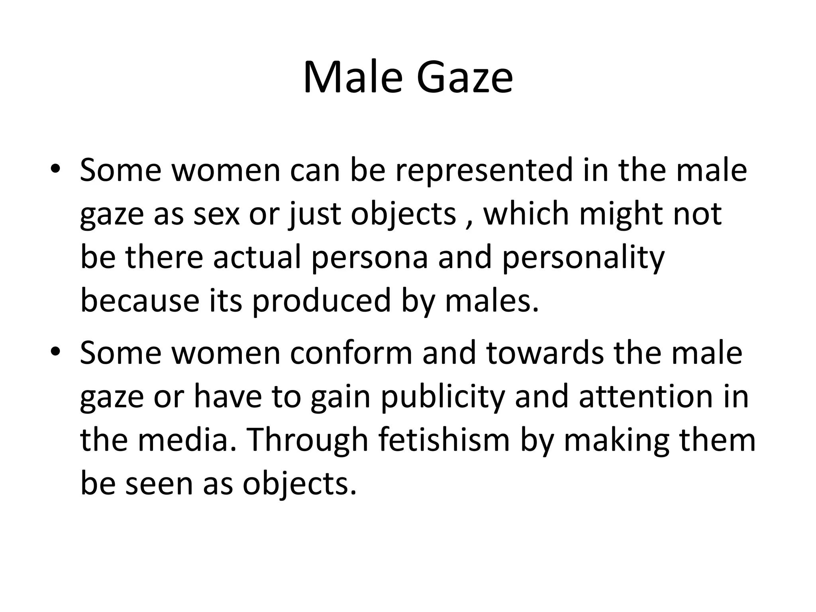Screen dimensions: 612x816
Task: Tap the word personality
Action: [583, 258]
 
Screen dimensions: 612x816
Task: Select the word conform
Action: [351, 353]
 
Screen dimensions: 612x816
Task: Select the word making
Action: [616, 441]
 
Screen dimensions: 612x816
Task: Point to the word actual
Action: [257, 257]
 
